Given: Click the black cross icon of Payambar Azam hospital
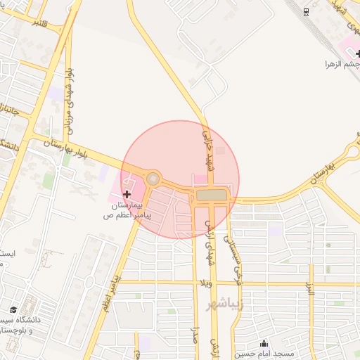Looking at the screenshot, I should [127, 194].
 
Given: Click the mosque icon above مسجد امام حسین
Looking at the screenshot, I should [264, 343].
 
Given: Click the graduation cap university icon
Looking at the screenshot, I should [13, 309].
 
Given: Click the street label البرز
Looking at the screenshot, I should [309, 288].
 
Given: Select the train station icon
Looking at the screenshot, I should [306, 12].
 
